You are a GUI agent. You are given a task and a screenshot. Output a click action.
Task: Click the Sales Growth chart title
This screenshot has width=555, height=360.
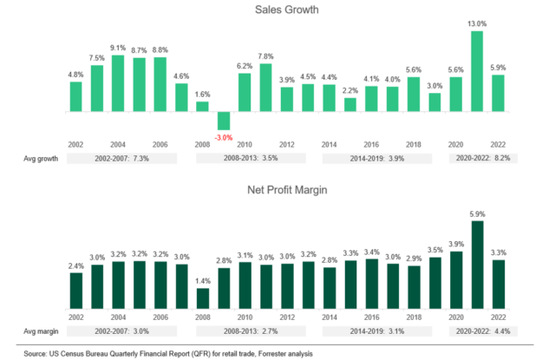point(277,10)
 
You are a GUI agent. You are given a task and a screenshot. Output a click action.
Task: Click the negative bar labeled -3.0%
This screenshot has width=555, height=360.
point(224,121)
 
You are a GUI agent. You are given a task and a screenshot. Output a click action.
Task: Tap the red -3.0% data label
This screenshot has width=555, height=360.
point(224,137)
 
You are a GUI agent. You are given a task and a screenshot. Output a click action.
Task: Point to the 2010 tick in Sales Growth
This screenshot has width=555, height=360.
point(245,145)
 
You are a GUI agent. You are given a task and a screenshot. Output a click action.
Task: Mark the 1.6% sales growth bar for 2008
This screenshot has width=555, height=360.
point(203,107)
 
